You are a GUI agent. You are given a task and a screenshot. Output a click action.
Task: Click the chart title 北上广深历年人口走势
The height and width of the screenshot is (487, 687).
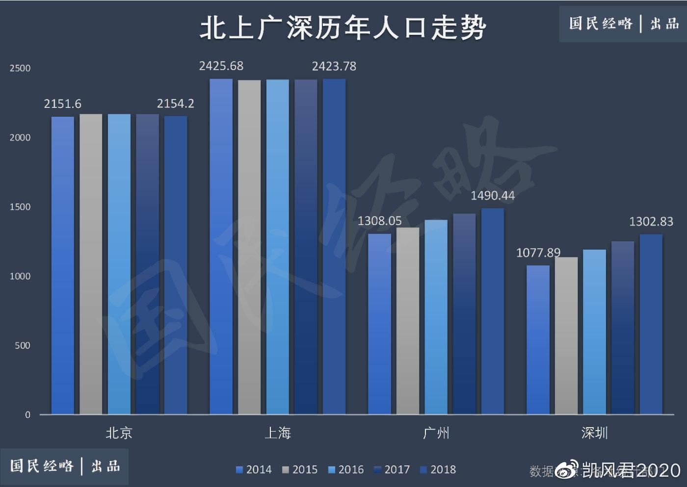(343, 27)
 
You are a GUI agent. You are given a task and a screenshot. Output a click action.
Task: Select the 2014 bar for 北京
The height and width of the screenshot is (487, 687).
(63, 265)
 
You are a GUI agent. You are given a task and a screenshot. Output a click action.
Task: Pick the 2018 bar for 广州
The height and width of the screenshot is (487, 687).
(492, 311)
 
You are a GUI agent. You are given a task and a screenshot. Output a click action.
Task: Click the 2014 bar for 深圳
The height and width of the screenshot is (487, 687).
(538, 339)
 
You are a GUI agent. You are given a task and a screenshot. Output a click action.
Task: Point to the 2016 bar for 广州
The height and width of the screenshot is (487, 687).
(436, 317)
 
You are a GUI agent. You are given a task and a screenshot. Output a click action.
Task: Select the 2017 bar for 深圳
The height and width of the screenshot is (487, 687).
(622, 327)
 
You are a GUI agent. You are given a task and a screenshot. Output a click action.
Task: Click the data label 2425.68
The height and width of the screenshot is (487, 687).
(221, 66)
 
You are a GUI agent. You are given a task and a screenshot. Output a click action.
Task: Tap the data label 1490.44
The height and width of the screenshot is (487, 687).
(492, 196)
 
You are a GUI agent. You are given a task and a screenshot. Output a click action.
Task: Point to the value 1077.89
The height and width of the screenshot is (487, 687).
(538, 253)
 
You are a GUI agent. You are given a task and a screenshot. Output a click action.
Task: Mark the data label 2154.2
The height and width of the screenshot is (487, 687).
(175, 103)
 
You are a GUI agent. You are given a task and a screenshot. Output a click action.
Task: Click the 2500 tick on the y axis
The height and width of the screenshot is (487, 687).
(20, 68)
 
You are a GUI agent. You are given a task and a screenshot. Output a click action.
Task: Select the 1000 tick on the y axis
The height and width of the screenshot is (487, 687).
(20, 276)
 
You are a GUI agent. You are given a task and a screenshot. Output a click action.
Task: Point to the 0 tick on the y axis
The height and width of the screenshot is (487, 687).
(27, 415)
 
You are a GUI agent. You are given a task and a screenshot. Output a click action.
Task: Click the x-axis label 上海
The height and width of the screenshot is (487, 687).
(277, 433)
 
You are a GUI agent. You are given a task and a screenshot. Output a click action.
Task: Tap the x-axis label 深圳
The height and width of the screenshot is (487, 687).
(594, 433)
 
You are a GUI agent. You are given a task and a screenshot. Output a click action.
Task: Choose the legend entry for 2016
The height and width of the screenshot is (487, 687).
(346, 470)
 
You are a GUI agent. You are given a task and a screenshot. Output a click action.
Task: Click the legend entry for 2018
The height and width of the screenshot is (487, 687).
(438, 470)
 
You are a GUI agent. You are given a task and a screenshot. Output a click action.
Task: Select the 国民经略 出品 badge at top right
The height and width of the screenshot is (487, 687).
(623, 24)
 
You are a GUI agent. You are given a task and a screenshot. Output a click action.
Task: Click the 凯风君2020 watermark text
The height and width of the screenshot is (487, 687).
(631, 470)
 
